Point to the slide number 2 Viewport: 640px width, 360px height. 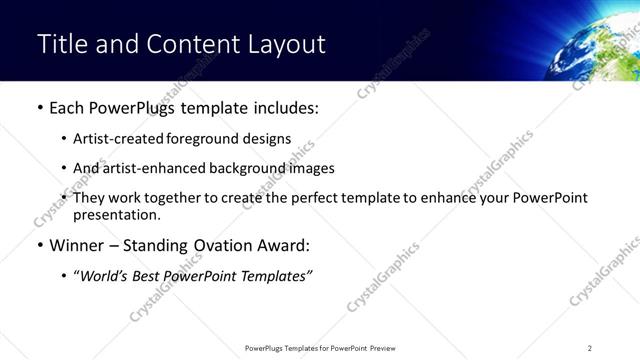[590, 348]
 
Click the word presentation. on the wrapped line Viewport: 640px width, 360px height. [116, 214]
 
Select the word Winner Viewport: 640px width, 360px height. [76, 245]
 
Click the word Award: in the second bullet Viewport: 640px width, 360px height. [282, 245]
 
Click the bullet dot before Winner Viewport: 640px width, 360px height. [40, 245]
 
